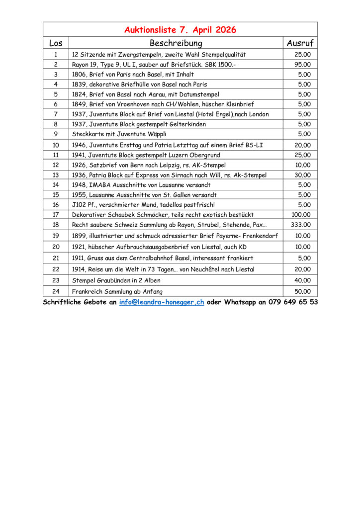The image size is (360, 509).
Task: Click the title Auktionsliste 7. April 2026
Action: coord(180,30)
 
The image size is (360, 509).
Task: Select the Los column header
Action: coord(56,43)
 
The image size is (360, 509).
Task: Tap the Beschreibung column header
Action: coord(176,43)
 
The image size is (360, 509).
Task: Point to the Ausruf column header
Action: coord(300,43)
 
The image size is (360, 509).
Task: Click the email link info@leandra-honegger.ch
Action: coord(162,302)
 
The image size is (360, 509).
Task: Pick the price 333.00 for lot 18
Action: coord(300,225)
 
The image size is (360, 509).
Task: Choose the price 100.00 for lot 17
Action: coord(300,215)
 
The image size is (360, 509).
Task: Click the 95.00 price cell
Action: coord(302,65)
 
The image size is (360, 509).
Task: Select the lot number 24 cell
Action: coord(56,292)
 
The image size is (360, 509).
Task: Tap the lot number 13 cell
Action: coord(56,175)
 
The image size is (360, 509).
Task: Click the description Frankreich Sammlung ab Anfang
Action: coord(117,292)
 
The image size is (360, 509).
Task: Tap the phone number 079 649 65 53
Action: coord(293,302)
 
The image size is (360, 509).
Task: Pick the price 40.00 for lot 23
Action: coord(302,280)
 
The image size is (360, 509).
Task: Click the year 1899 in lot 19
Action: coord(79,236)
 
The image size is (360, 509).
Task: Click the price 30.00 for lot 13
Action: coord(302,175)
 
